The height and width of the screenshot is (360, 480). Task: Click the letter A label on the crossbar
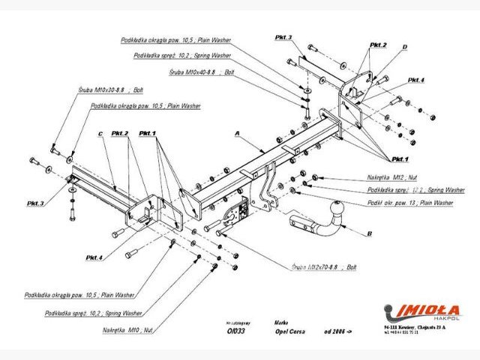click(x=236, y=134)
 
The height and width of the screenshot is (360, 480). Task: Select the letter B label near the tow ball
click(x=370, y=234)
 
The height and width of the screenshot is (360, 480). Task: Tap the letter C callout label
click(x=99, y=134)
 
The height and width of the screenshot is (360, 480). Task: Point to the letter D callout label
click(x=404, y=46)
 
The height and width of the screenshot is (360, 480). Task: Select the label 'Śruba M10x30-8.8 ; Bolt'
click(x=108, y=89)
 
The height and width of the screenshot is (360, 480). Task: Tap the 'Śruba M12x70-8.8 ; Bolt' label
click(x=325, y=266)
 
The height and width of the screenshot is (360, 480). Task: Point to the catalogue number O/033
click(x=235, y=331)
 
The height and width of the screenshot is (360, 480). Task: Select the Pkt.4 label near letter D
click(x=416, y=79)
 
